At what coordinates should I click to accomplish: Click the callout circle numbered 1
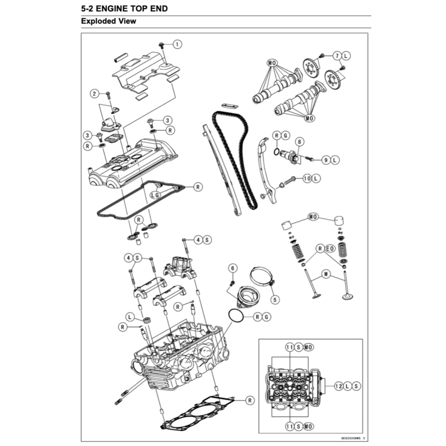(x=177, y=44)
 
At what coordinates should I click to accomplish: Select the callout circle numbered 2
(x=94, y=93)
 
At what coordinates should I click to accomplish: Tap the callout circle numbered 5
(x=274, y=299)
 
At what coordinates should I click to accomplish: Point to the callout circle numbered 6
(x=233, y=268)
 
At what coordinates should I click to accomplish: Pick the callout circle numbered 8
(x=300, y=142)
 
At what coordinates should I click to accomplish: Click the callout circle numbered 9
(x=326, y=160)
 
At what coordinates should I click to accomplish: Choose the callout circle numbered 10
(x=307, y=178)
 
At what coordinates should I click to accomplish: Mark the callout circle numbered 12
(x=339, y=385)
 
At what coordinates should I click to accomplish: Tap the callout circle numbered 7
(x=337, y=56)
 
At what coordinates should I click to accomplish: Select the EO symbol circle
(x=330, y=249)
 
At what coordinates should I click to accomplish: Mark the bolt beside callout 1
(x=162, y=45)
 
